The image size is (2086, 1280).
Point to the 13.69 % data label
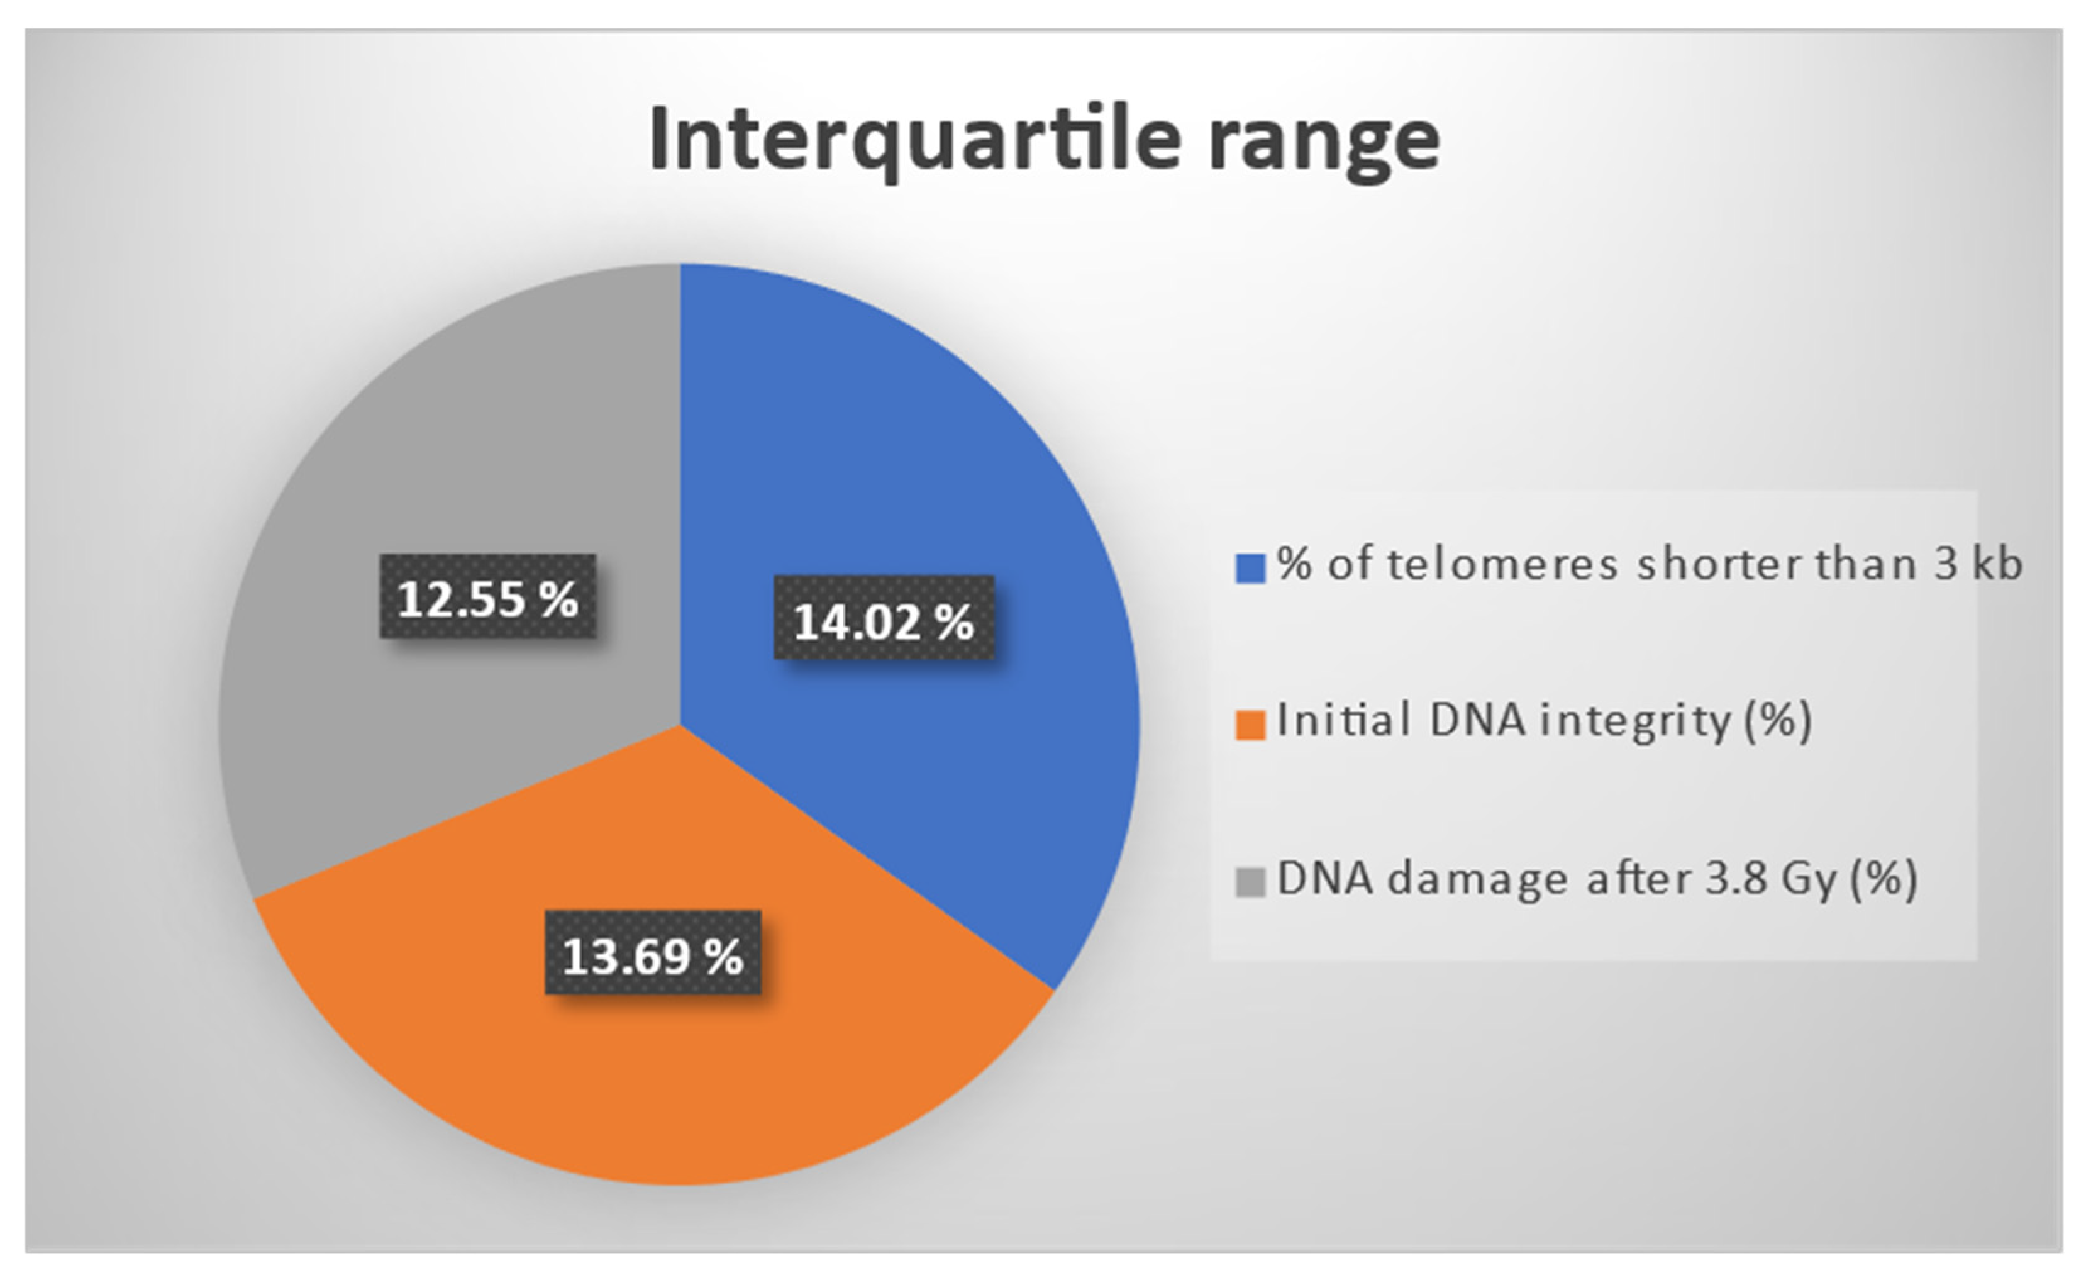coord(653,952)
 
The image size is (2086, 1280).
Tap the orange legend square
coord(1250,725)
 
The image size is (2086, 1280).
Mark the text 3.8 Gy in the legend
coord(1770,881)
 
